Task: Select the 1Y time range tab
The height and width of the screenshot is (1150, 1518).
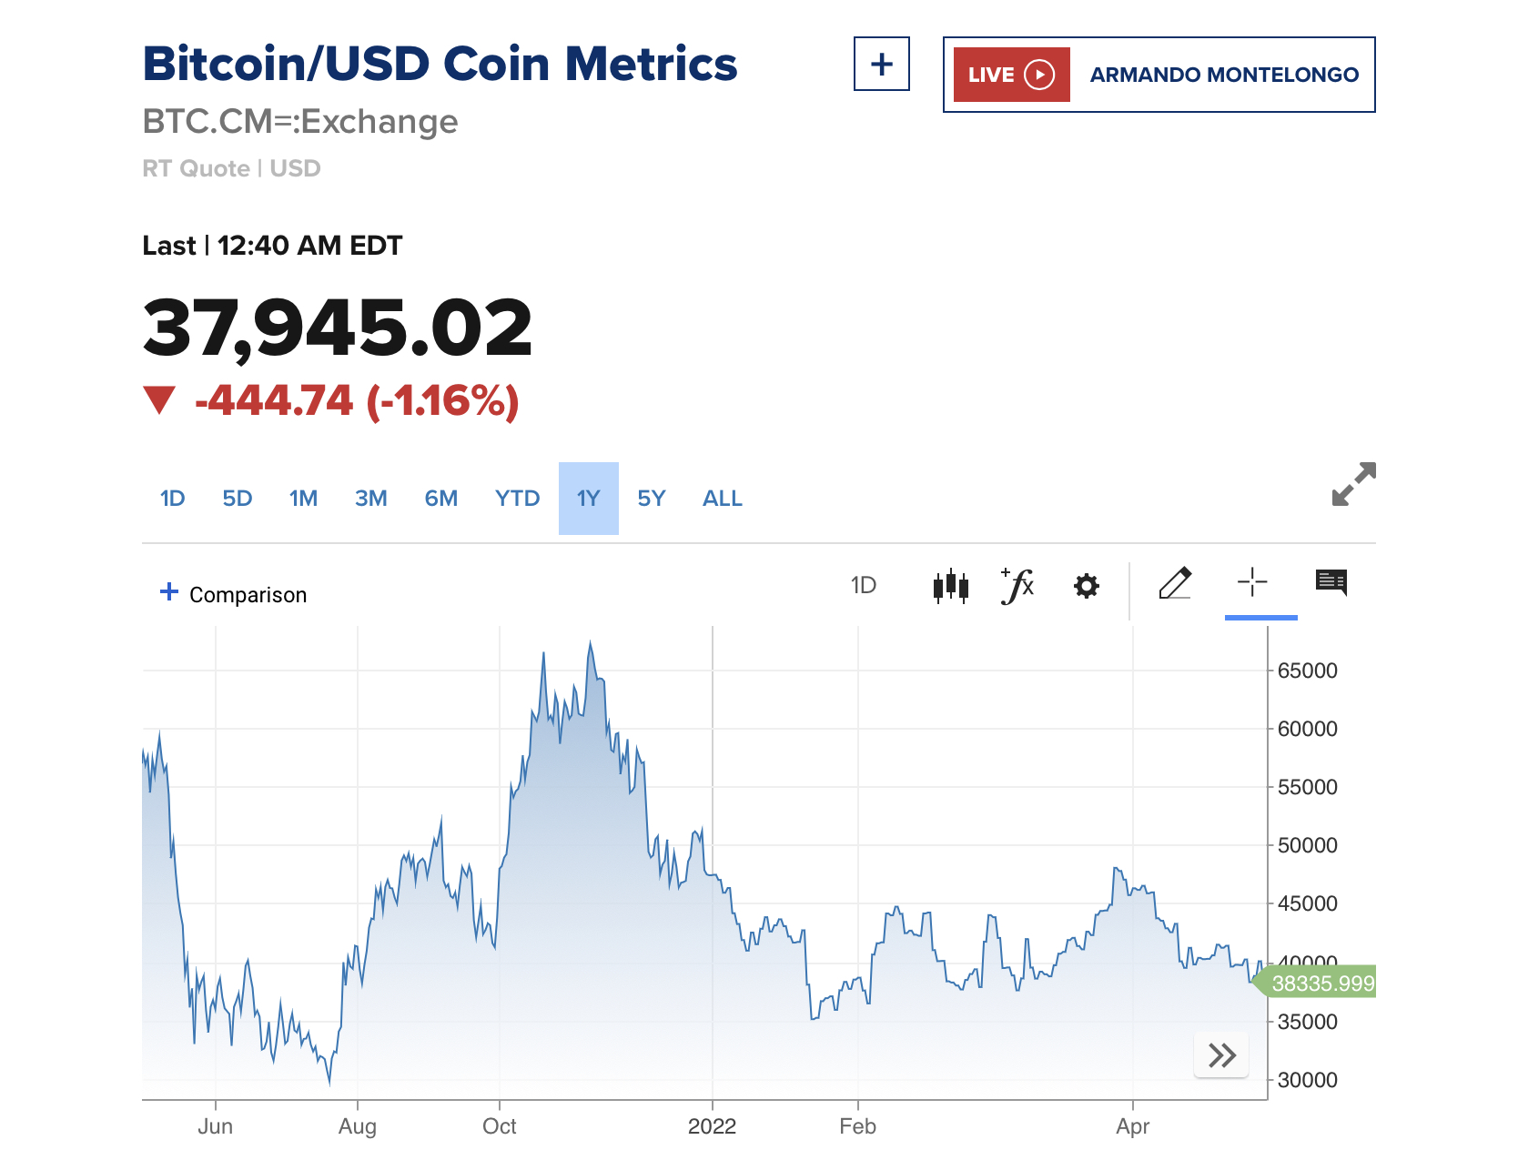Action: point(588,499)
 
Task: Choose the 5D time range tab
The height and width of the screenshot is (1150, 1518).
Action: point(237,499)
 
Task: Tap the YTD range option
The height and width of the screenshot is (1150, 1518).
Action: point(517,499)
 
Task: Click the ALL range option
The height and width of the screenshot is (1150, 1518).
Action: point(722,499)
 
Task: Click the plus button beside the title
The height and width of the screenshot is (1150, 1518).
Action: point(881,65)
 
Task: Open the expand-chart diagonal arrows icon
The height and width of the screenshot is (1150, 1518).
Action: point(1353,484)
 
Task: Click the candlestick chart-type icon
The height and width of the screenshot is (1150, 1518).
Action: point(950,586)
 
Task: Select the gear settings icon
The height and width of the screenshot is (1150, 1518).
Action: point(1086,586)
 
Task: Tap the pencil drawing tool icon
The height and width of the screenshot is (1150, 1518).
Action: point(1175,583)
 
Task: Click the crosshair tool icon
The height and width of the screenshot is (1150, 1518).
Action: point(1252,582)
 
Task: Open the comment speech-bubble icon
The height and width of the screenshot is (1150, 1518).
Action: point(1331,582)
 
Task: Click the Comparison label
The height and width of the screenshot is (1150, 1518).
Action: point(248,595)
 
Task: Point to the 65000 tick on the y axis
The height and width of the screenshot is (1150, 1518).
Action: point(1307,671)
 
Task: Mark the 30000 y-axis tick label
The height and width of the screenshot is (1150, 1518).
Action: point(1307,1080)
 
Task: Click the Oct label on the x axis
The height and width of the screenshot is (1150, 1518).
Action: point(499,1126)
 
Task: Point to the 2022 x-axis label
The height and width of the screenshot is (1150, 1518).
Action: point(712,1126)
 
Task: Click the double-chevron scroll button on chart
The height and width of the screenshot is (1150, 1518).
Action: point(1221,1055)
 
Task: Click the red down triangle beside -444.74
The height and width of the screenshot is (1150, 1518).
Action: point(159,400)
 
